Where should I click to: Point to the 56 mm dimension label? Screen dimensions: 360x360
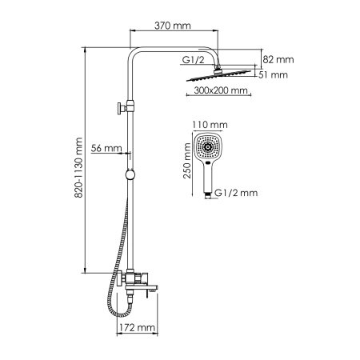pos(106,148)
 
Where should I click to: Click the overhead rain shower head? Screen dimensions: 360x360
pos(219,78)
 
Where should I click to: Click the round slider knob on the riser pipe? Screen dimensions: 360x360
pos(129,174)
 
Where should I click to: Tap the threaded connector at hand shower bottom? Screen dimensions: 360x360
pos(207,193)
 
